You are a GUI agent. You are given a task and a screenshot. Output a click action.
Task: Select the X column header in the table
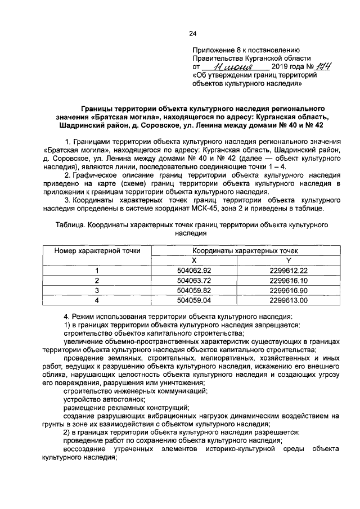click(193, 260)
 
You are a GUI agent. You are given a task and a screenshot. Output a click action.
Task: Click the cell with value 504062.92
click(193, 271)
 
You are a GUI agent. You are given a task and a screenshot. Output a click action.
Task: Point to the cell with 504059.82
click(193, 290)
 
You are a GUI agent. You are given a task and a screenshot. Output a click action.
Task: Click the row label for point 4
click(97, 300)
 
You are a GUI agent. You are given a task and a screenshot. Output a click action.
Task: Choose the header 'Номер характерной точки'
click(97, 251)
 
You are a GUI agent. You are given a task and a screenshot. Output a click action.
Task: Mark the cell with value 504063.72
click(193, 280)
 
